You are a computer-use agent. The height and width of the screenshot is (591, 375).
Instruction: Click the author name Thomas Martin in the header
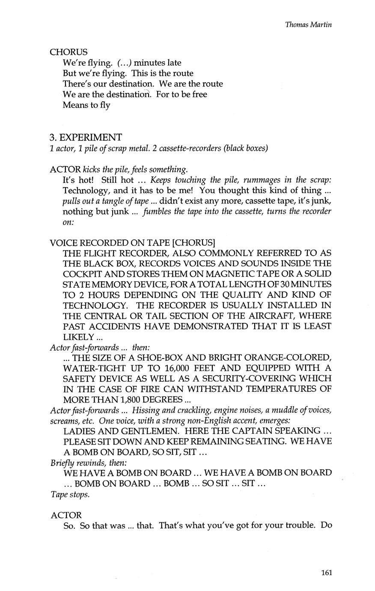coord(308,24)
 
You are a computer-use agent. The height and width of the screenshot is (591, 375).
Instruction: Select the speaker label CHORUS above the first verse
coord(68,52)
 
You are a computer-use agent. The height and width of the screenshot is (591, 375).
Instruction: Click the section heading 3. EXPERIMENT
coord(86,137)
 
